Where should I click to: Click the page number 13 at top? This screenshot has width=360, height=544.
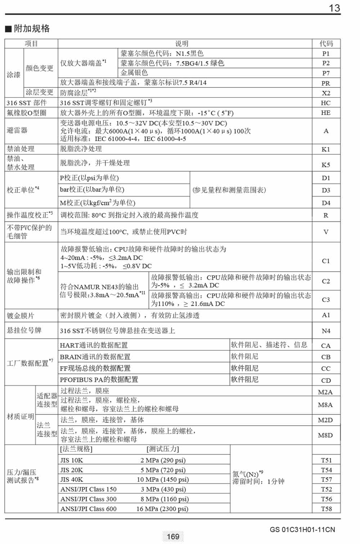tap(334, 8)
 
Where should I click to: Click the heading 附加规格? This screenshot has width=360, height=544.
tap(31, 28)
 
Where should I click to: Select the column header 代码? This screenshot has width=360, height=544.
tap(326, 44)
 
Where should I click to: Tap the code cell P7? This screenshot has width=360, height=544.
tap(326, 73)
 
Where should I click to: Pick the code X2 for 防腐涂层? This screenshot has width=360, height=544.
tap(326, 93)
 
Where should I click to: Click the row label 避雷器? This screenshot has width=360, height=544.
tap(17, 130)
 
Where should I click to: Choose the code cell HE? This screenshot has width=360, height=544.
tap(326, 113)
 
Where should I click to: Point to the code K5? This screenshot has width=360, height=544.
tap(326, 165)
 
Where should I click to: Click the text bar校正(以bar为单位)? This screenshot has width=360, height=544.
tap(92, 190)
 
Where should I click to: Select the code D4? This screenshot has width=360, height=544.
tap(326, 203)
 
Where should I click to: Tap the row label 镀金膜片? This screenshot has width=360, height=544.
tap(21, 316)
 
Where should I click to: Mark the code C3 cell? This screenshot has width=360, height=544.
tap(326, 300)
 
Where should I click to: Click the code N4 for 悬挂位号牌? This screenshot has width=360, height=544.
tap(326, 331)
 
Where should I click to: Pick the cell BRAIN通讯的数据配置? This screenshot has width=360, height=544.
tap(95, 357)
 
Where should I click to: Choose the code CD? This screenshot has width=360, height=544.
tap(326, 380)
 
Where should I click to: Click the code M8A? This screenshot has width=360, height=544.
tap(325, 405)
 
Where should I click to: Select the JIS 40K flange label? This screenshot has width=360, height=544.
tap(72, 480)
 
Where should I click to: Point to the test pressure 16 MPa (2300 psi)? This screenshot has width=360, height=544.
tap(162, 509)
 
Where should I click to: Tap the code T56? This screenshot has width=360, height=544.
tap(326, 499)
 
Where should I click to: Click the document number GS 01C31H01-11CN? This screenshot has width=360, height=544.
tap(302, 530)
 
